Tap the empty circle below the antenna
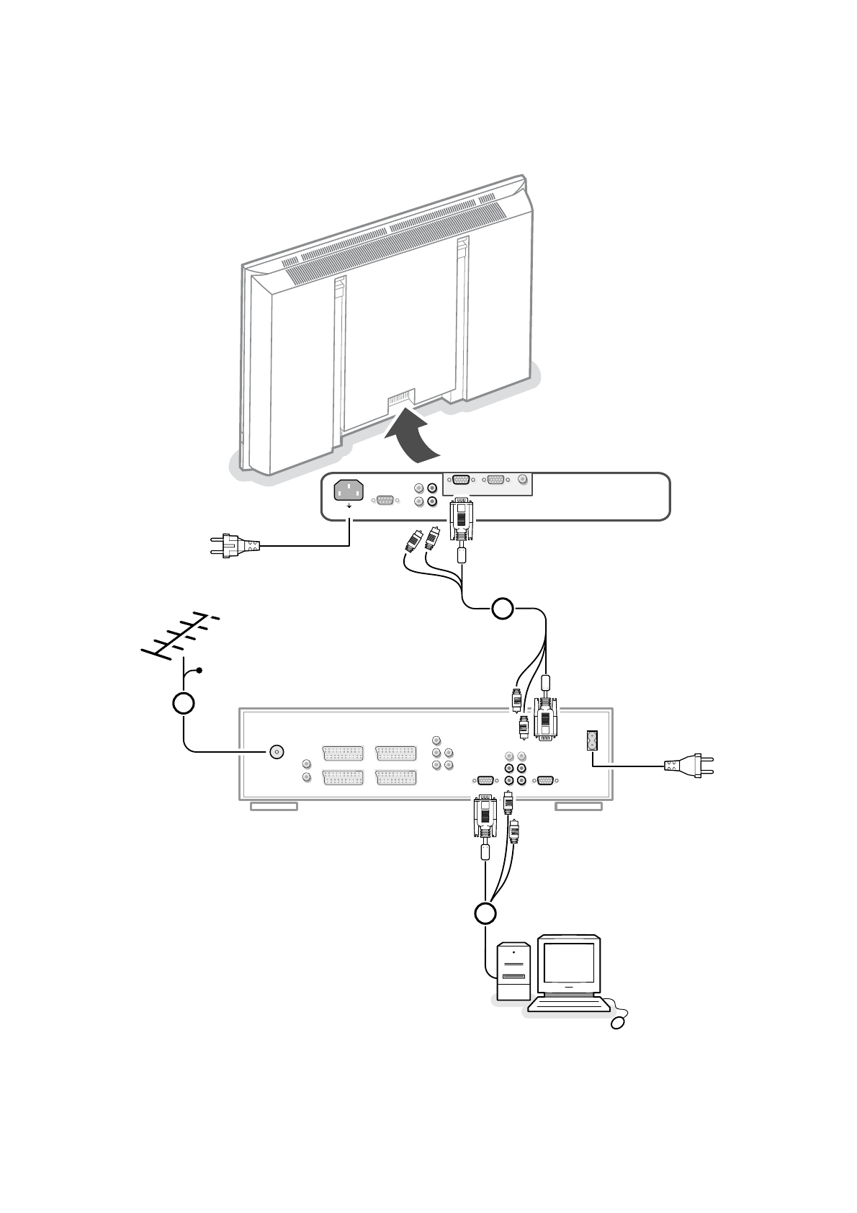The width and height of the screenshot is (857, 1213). coord(184,703)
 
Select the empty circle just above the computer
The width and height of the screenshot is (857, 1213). coord(485,913)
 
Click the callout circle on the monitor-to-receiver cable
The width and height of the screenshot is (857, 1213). coord(503,609)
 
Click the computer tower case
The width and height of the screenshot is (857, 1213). coord(513,969)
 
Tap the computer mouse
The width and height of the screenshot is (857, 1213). coord(619,1021)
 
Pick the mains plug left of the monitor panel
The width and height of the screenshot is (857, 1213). coord(234,545)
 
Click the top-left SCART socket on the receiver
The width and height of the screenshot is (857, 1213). coord(344,753)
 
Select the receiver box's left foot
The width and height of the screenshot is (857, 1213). coord(274,806)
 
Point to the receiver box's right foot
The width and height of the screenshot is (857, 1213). coord(578,806)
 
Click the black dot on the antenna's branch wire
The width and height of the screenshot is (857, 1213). coord(199,671)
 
